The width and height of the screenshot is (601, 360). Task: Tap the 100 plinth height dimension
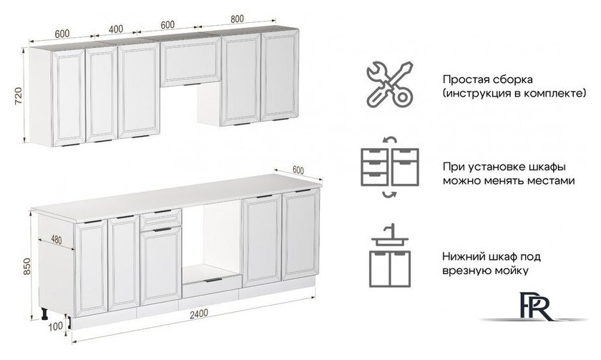[57, 326]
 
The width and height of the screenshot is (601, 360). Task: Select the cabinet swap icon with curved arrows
[387, 165]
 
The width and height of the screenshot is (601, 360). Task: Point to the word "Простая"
[462, 79]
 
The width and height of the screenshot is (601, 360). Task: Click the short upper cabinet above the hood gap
[190, 63]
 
